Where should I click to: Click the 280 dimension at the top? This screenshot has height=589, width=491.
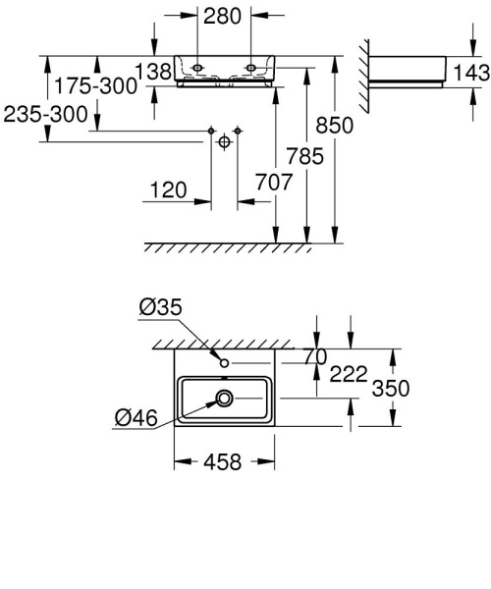[223, 16]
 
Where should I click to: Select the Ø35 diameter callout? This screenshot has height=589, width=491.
[161, 307]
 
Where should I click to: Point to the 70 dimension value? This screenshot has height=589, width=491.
[314, 358]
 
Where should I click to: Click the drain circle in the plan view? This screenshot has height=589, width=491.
[225, 398]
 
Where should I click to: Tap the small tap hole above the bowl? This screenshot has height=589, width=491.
[224, 364]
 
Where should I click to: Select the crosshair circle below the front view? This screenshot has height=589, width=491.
[225, 142]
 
